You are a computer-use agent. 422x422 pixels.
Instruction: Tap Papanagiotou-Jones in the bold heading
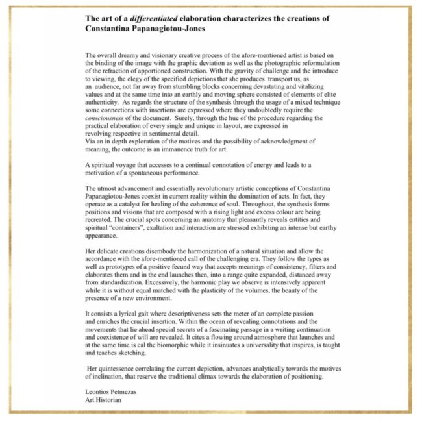click(180, 30)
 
